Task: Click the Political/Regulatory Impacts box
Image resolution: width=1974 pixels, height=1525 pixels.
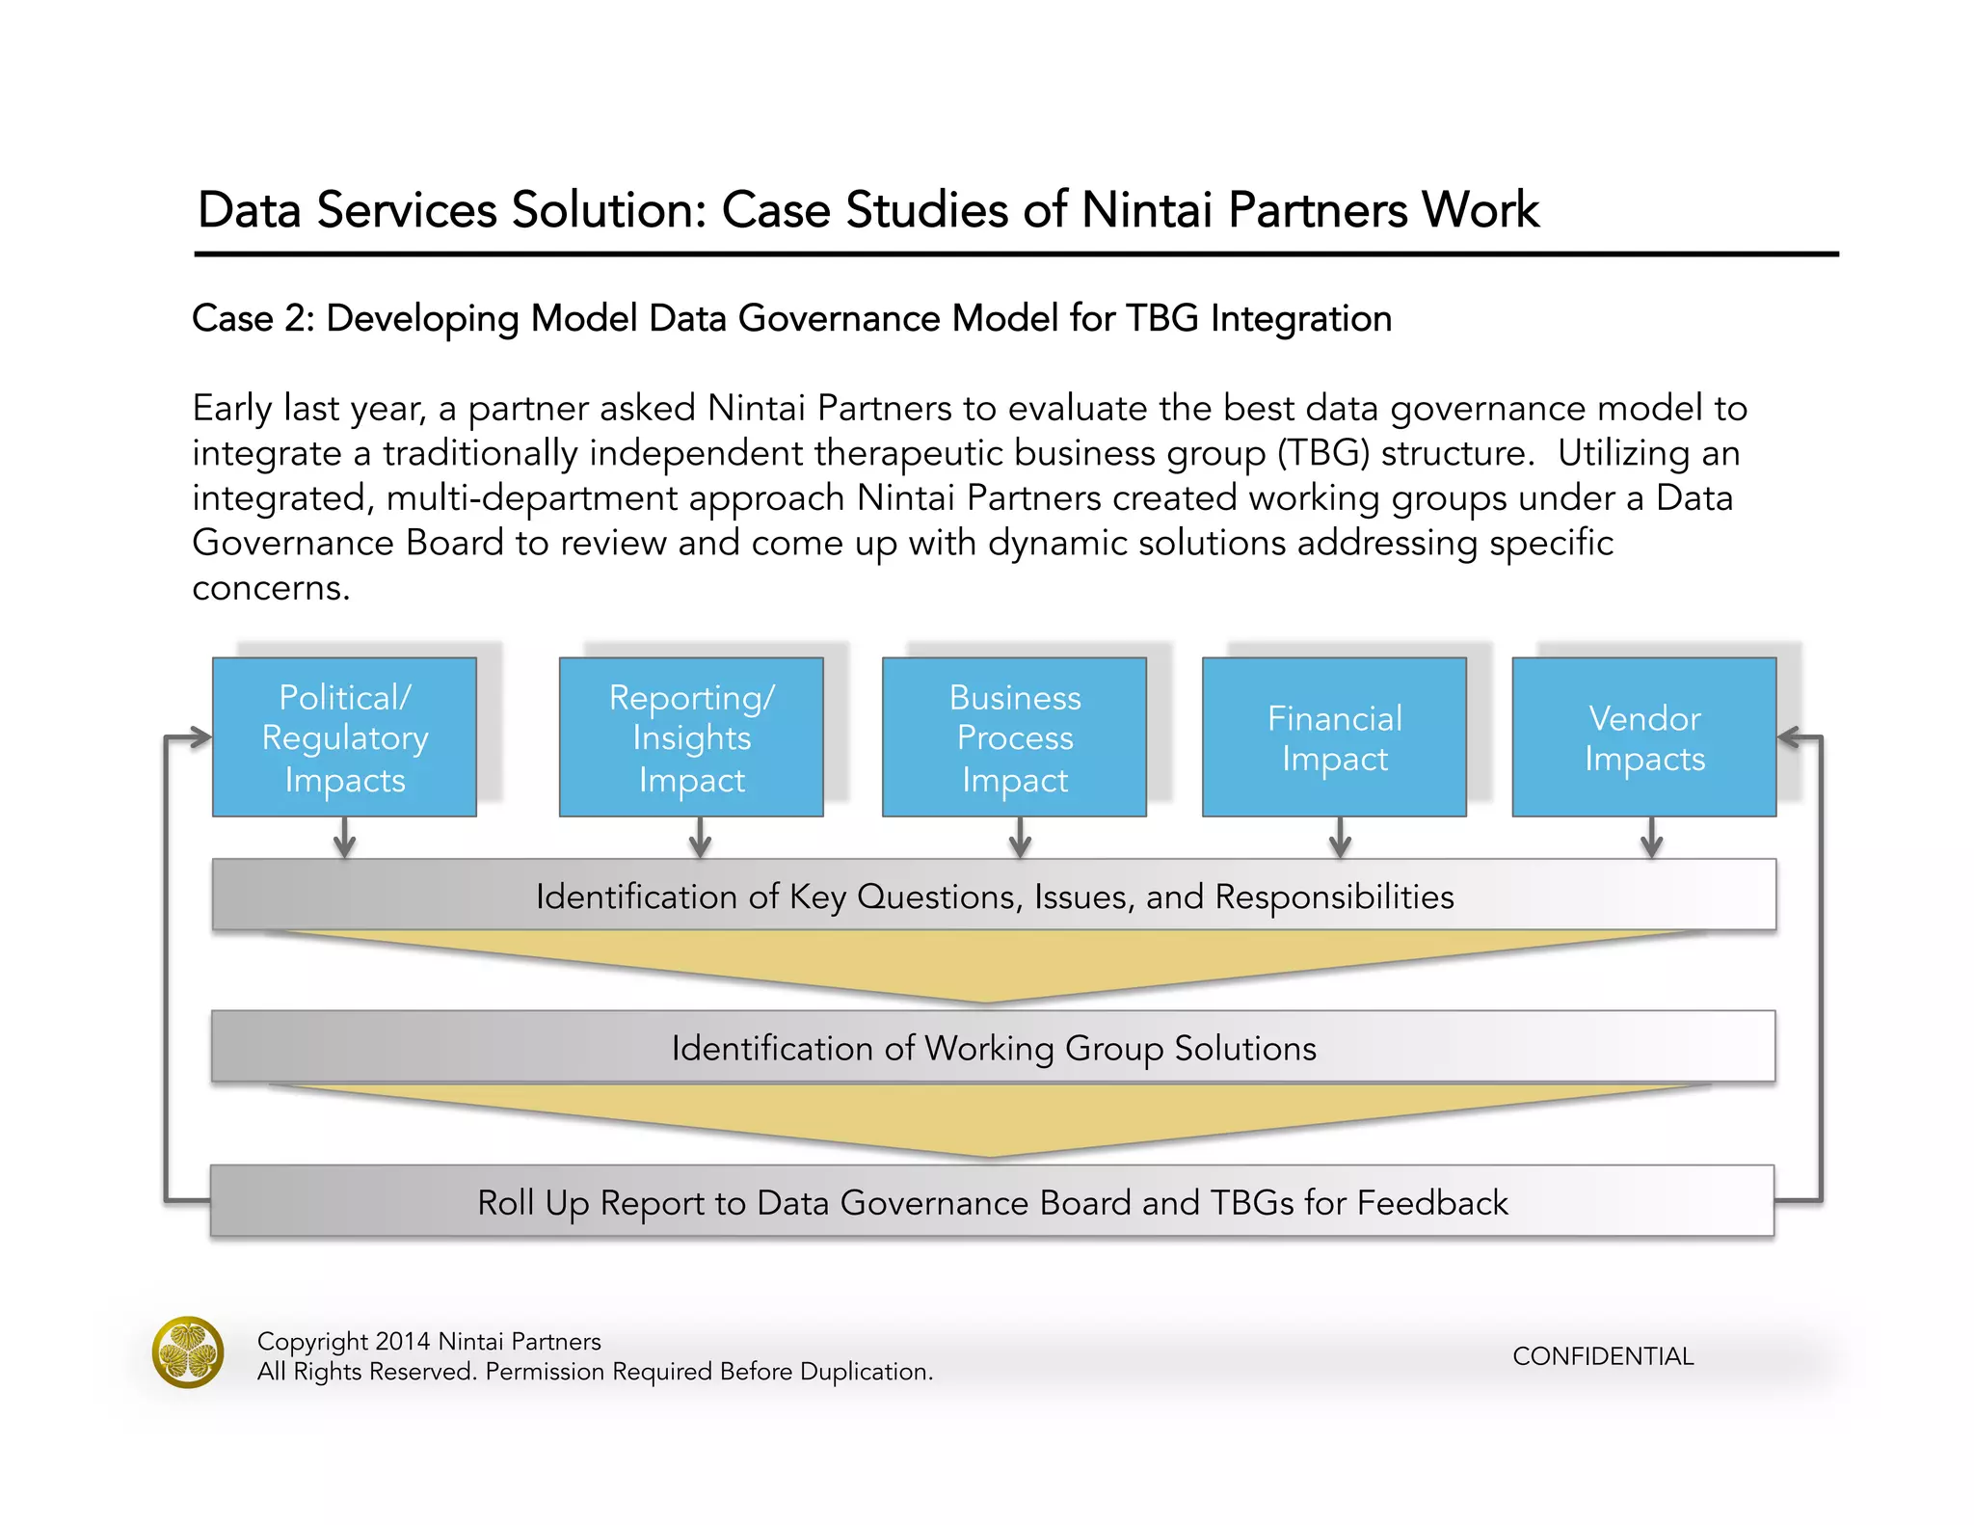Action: [x=344, y=737]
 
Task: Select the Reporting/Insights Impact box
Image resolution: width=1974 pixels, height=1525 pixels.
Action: [x=691, y=737]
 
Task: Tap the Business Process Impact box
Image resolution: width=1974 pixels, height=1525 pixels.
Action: [x=1014, y=737]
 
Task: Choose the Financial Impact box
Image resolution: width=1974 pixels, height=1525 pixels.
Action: [x=1334, y=737]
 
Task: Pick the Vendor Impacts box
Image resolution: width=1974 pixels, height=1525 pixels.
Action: [x=1643, y=737]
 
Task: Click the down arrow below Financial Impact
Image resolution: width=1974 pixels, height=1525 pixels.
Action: [x=1340, y=839]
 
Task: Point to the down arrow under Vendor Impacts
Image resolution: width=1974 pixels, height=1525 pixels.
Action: [x=1651, y=839]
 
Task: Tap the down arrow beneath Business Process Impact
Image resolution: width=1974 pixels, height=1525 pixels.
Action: [x=1020, y=839]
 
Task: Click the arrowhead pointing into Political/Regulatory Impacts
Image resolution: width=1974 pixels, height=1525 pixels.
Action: [x=200, y=738]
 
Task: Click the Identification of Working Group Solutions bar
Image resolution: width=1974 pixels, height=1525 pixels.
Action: [x=993, y=1048]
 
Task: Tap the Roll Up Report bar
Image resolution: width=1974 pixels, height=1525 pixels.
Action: [x=993, y=1202]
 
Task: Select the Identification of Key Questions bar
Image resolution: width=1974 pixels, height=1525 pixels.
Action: [x=993, y=896]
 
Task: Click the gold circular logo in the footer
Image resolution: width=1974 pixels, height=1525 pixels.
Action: [x=188, y=1352]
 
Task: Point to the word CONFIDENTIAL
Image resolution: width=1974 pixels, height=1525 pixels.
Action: [x=1602, y=1356]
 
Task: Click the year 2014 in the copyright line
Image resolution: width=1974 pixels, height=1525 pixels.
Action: [x=402, y=1342]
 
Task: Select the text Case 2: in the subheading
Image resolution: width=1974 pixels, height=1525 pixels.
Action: [x=253, y=319]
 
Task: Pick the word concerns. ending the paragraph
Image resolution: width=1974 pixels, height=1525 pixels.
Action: [x=271, y=588]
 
